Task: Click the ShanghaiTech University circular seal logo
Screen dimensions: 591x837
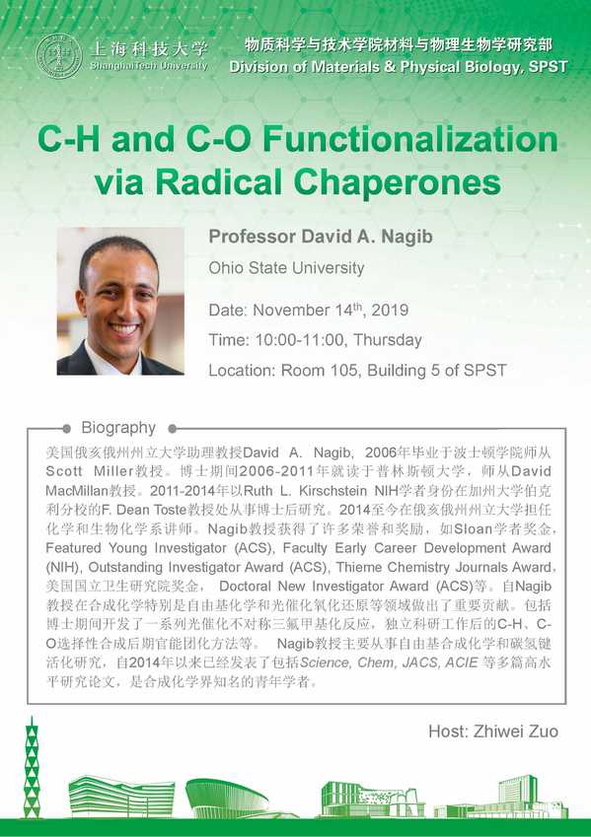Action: (x=59, y=56)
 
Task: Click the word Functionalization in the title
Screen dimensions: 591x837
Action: (x=410, y=139)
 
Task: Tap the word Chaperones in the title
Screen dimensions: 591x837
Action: (x=397, y=182)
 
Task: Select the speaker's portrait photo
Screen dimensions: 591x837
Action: (x=120, y=301)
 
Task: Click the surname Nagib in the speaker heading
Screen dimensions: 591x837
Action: (x=406, y=236)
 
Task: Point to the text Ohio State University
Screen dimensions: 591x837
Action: (x=286, y=267)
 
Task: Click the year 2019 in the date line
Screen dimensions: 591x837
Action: (x=390, y=310)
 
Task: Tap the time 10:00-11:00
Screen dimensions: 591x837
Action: (x=299, y=339)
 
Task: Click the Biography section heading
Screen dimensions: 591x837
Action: (x=118, y=428)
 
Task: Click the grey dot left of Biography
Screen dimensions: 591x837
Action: (x=66, y=428)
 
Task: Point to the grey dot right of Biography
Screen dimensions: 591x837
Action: (x=172, y=428)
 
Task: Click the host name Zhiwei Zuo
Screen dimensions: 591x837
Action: (x=516, y=731)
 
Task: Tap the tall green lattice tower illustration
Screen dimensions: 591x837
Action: (x=32, y=768)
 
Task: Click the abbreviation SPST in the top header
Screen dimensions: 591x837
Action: (x=548, y=67)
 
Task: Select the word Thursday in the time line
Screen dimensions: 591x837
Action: (x=388, y=340)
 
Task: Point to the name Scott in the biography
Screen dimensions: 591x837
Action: (x=64, y=471)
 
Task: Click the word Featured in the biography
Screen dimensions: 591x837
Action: (x=73, y=548)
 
